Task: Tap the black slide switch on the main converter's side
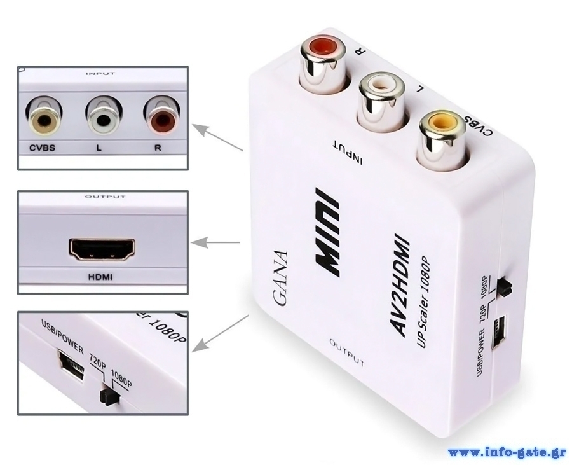[x=506, y=287]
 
